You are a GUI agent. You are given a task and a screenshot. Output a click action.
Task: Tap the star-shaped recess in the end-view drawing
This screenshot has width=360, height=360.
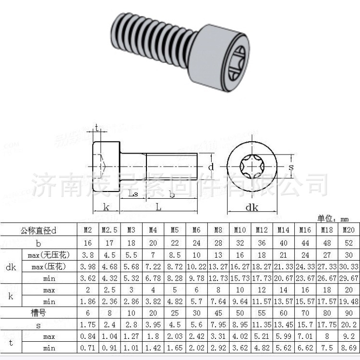[252, 168]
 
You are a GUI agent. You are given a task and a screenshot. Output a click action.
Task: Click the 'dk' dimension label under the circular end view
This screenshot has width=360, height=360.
[252, 207]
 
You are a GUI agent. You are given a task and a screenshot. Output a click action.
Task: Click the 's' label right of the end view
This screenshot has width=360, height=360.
[291, 167]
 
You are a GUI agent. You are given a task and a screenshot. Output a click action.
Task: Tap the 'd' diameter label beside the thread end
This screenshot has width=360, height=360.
[211, 167]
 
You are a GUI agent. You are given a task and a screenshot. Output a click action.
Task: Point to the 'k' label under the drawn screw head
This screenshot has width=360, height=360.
[106, 207]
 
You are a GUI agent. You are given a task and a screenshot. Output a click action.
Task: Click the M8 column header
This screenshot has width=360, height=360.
[218, 230]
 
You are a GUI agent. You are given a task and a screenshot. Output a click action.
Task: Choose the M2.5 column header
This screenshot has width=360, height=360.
[109, 230]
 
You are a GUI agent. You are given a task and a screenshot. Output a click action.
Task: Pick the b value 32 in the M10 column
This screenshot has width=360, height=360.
[240, 242]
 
